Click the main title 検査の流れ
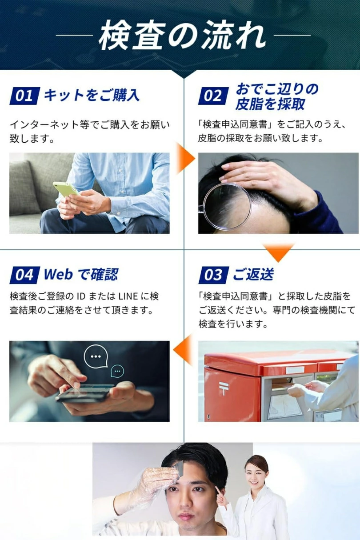[x=182, y=36]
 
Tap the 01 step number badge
[x=24, y=96]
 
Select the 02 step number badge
[x=213, y=96]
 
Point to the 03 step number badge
[x=214, y=275]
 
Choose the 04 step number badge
[x=24, y=275]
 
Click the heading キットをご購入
[x=92, y=95]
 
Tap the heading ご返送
[x=253, y=274]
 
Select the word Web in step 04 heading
[x=58, y=274]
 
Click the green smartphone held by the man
[x=65, y=189]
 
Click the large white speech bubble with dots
[x=96, y=356]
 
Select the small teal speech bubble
[x=117, y=371]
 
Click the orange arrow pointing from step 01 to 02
[x=185, y=158]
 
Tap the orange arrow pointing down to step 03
[x=279, y=252]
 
